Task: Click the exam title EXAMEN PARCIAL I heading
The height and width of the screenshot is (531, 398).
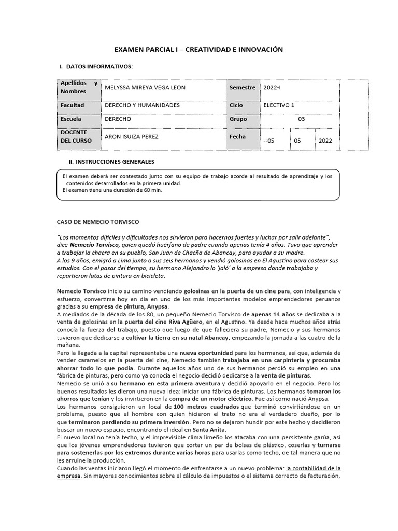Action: click(198, 49)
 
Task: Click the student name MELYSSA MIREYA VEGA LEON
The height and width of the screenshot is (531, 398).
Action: click(145, 88)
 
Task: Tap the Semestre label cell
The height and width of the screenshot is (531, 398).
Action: click(243, 88)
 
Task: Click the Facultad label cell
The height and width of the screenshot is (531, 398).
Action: click(72, 105)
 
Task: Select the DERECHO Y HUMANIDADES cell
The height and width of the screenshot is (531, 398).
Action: click(142, 105)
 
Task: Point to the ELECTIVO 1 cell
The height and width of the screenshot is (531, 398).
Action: click(279, 105)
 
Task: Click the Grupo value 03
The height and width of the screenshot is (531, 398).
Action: click(302, 119)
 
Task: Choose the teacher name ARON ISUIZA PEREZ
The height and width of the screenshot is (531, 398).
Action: click(131, 137)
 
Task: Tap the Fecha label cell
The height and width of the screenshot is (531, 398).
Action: click(238, 137)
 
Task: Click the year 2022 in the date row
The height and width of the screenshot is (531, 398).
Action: click(326, 141)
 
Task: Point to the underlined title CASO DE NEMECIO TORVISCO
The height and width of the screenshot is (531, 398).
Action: click(98, 222)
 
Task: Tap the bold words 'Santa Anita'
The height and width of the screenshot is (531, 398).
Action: click(209, 430)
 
